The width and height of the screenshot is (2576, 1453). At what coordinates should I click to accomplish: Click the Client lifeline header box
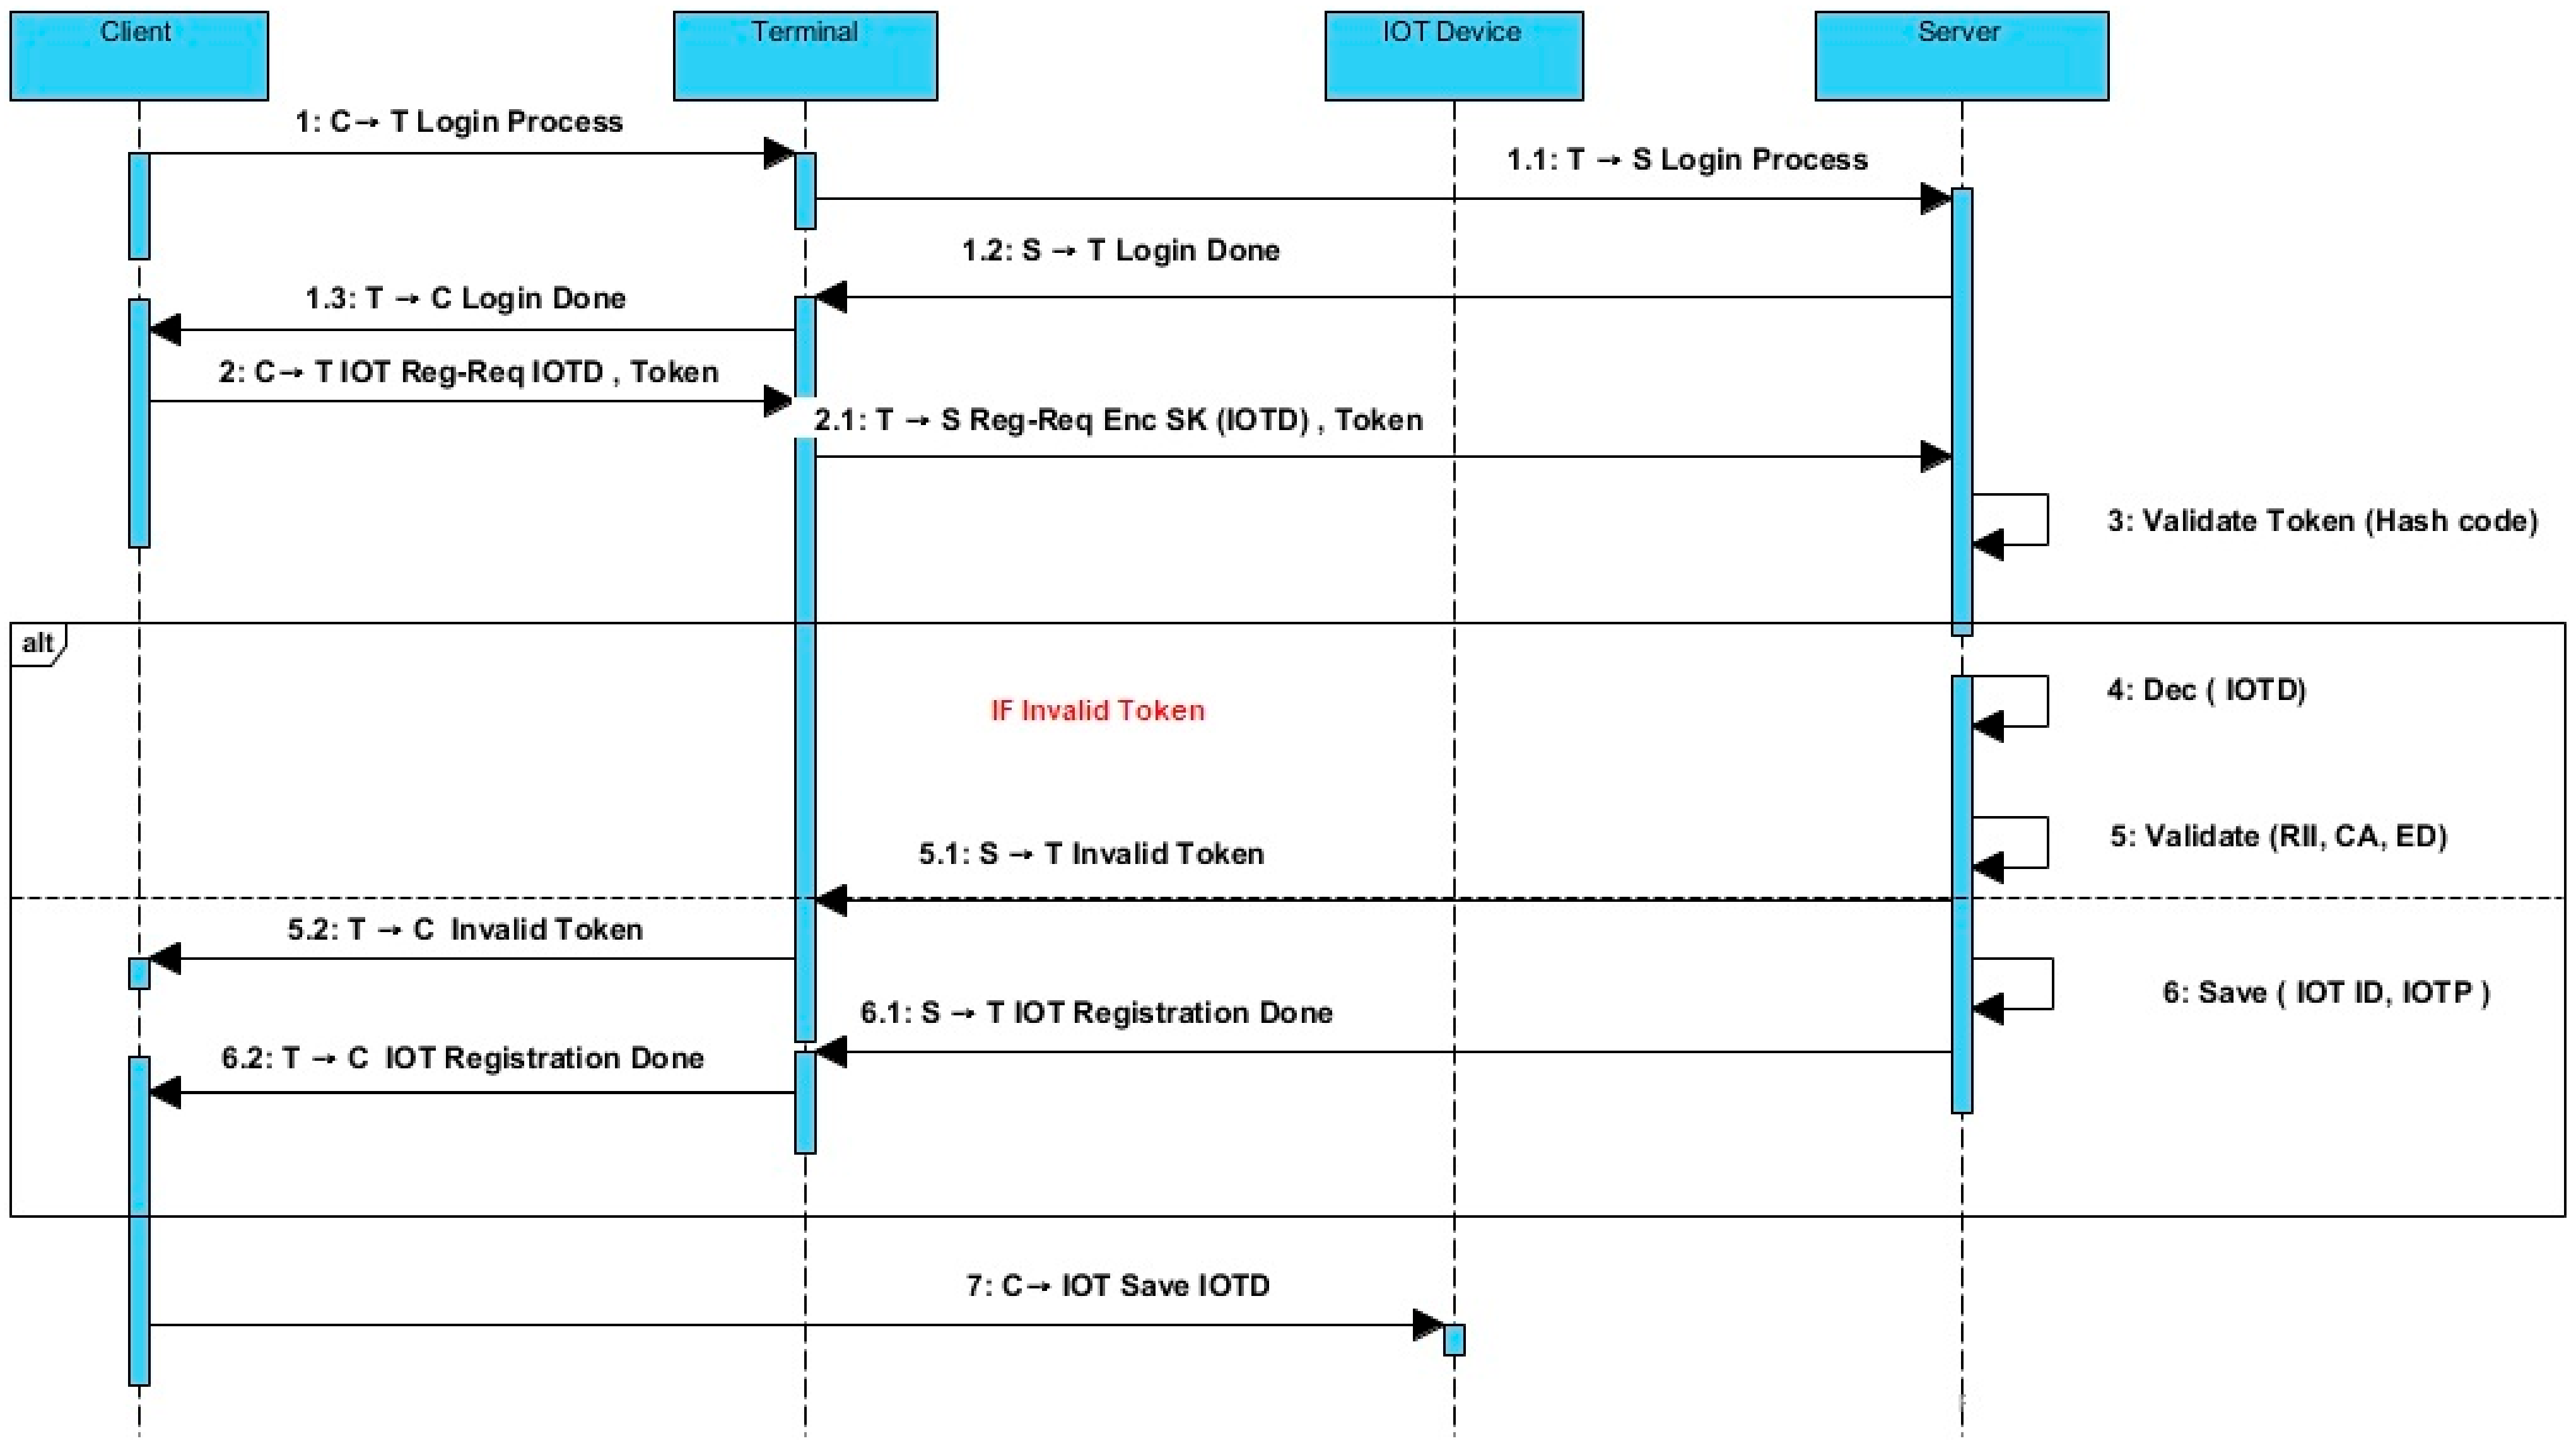pos(139,56)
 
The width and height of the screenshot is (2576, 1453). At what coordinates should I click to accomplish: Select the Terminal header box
pos(805,56)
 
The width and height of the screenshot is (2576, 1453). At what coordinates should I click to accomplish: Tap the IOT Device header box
pos(1453,56)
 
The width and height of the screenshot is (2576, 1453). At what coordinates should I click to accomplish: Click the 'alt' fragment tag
pos(38,643)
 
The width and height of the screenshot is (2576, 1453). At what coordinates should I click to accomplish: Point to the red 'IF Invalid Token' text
pos(1097,711)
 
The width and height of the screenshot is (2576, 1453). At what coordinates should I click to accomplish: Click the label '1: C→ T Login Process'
pos(459,122)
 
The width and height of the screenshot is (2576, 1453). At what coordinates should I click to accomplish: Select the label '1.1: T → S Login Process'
pos(1687,160)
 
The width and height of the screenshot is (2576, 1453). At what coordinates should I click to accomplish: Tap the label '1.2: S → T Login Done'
pos(1120,250)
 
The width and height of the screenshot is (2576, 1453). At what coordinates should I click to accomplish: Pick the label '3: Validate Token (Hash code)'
pos(2322,521)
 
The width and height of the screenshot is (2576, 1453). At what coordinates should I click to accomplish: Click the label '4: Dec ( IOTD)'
pos(2206,690)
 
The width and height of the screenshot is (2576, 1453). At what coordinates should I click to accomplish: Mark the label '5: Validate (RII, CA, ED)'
pos(2278,836)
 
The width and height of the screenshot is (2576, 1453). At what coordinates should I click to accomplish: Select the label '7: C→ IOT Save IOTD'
pos(1117,1285)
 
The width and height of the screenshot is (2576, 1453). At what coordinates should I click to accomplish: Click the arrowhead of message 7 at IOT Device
pos(1428,1325)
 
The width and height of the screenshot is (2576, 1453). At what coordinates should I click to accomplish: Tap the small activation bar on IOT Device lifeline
pos(1454,1339)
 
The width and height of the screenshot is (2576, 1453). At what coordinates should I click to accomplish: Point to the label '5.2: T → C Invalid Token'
pos(465,930)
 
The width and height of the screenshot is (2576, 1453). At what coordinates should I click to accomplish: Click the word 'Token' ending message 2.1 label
pos(1378,420)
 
